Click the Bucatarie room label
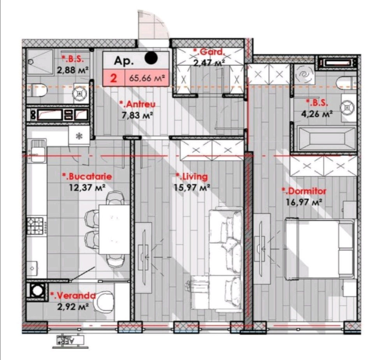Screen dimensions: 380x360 [87, 176]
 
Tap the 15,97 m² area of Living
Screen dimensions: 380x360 [192, 187]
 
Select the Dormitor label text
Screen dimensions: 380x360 [304, 191]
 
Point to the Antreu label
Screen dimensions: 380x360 [137, 104]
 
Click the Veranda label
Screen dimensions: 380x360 [73, 295]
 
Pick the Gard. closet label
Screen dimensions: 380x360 [209, 52]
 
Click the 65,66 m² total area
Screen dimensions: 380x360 [147, 78]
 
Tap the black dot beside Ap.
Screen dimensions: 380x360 [151, 58]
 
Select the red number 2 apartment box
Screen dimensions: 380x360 [114, 78]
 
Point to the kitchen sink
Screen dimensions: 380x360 [37, 151]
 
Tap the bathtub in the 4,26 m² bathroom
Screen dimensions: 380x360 [324, 139]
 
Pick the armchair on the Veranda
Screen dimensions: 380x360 [105, 302]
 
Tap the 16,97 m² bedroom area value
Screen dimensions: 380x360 [304, 202]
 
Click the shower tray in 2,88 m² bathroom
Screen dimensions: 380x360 [40, 62]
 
